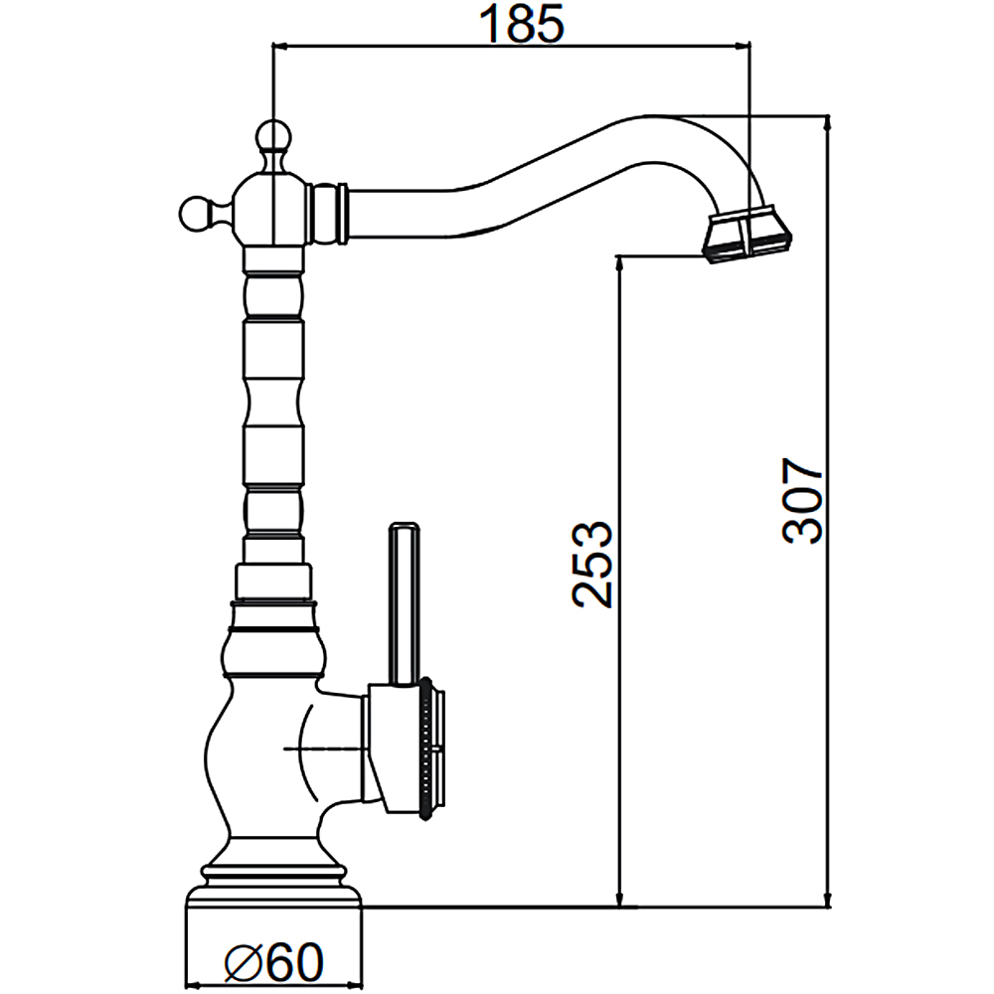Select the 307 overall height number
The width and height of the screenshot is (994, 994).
click(802, 500)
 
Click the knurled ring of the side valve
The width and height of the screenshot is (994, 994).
click(428, 749)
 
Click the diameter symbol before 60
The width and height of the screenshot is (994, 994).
click(243, 963)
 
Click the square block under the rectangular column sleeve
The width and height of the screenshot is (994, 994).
click(272, 582)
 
